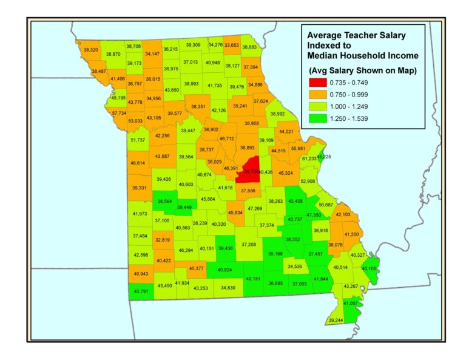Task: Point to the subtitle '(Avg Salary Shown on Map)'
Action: pos(363,70)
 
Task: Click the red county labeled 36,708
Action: pos(251,171)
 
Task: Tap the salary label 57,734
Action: pos(119,112)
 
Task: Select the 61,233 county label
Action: pos(309,158)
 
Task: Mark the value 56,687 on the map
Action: pos(325,205)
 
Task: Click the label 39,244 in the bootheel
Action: pos(335,320)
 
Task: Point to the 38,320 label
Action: pos(90,49)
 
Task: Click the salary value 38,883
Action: pos(249,47)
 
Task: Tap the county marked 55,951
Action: pos(298,148)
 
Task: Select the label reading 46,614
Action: pos(138,163)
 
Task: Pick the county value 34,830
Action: pos(228,287)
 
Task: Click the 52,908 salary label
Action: pos(308,181)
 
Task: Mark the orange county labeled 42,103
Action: pos(343,214)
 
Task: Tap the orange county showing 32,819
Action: pos(163,240)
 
